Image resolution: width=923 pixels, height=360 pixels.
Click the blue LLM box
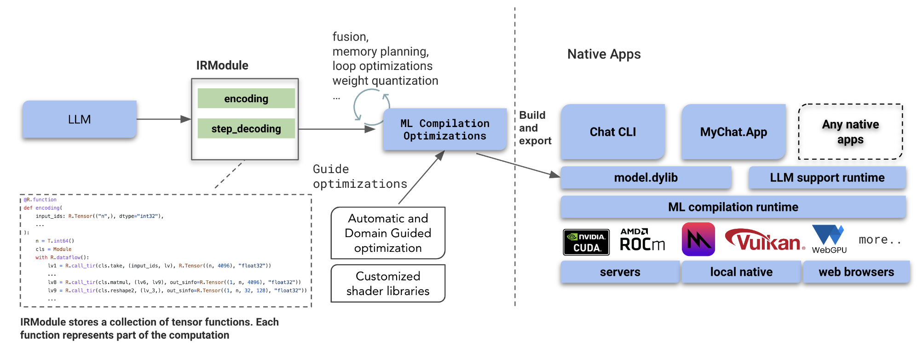tap(79, 119)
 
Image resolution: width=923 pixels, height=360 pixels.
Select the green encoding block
tap(246, 99)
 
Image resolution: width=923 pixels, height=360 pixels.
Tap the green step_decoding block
tap(246, 128)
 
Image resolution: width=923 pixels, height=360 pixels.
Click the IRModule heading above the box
tap(222, 65)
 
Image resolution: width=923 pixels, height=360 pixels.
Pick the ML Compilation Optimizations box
tap(444, 129)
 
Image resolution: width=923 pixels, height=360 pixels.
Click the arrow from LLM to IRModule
tap(163, 119)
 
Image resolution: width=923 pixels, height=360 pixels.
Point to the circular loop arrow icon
tap(370, 106)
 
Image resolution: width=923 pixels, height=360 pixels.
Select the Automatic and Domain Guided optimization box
tap(388, 233)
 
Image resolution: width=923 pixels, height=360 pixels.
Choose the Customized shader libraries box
tap(388, 284)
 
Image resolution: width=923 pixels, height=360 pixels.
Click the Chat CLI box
tap(612, 132)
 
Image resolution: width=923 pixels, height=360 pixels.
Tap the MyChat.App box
tap(733, 132)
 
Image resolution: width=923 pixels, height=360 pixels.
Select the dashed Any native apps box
tap(850, 132)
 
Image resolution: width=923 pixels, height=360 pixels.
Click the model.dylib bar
tap(646, 178)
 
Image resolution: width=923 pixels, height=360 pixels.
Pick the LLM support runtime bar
tap(827, 178)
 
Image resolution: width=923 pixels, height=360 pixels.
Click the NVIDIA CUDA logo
tap(586, 242)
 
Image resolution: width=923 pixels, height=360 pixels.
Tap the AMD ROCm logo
tap(642, 240)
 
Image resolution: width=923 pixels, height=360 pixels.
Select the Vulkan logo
tap(765, 240)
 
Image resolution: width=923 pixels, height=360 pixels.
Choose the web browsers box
tap(856, 272)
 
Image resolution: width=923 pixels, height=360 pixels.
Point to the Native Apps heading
tap(604, 54)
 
